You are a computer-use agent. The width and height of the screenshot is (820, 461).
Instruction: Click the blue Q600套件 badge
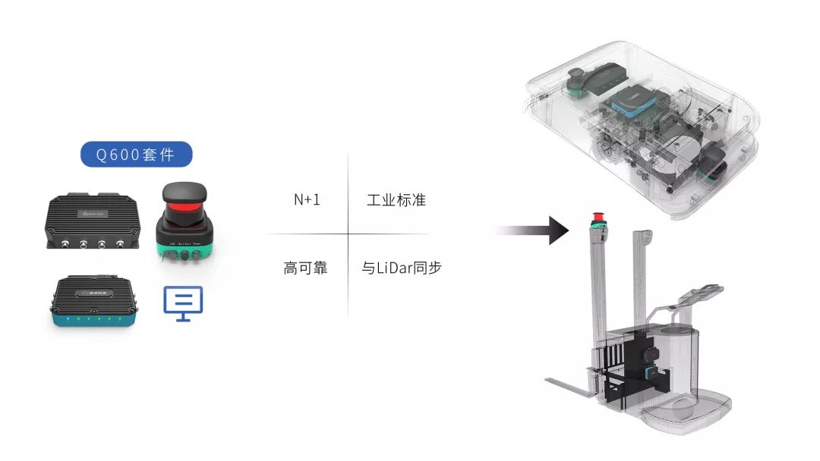[136, 155]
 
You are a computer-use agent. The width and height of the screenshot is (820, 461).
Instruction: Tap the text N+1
[307, 200]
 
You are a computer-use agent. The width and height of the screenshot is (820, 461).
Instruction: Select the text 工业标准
[396, 200]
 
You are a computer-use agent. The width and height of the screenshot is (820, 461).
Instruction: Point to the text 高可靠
[305, 268]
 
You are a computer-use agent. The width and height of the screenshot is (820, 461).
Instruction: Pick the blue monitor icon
[184, 303]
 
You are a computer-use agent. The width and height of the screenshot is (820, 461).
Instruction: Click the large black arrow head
[557, 230]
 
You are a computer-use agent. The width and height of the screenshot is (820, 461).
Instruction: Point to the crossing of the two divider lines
[348, 234]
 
